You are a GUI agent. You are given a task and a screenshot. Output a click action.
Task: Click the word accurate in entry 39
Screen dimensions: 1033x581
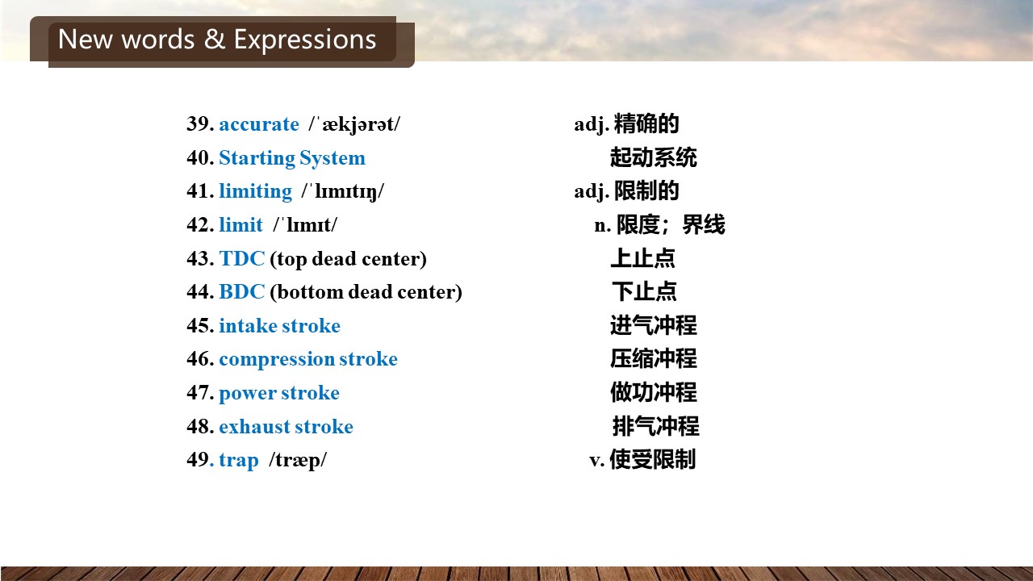point(259,124)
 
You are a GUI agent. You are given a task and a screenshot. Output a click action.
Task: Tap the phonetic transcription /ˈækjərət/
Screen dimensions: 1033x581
point(354,124)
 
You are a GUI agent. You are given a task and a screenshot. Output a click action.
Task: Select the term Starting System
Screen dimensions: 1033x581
point(292,158)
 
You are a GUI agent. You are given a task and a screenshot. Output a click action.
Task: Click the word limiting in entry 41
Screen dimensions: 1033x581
point(256,191)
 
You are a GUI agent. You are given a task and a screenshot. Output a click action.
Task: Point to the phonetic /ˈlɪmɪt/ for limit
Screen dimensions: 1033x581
point(305,224)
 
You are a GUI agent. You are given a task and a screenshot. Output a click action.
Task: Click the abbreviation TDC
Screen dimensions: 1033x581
point(242,258)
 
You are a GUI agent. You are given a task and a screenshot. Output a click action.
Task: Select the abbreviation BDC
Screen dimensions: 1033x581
point(242,292)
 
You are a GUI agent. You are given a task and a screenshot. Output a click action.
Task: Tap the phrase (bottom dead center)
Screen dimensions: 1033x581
point(366,292)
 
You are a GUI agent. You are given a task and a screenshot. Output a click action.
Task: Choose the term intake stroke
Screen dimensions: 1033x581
point(279,325)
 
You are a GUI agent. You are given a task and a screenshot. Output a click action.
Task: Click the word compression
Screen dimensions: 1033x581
point(277,360)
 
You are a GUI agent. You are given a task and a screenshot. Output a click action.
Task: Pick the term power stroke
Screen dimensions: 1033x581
point(279,393)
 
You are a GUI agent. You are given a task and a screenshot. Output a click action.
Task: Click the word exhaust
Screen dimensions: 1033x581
point(254,427)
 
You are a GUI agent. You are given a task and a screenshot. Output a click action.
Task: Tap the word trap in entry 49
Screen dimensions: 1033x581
point(239,461)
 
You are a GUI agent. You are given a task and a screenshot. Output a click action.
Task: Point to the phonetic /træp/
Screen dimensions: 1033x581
point(298,461)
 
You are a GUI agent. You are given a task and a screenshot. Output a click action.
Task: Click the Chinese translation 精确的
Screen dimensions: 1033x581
point(646,123)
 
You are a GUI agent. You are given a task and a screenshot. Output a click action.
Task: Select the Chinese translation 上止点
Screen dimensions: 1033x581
point(643,258)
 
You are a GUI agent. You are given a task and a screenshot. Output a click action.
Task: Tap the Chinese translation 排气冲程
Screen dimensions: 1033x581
point(656,426)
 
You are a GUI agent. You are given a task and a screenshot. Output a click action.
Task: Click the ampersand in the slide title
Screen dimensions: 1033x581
point(215,40)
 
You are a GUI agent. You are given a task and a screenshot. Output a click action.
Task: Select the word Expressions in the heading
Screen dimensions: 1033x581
point(305,40)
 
